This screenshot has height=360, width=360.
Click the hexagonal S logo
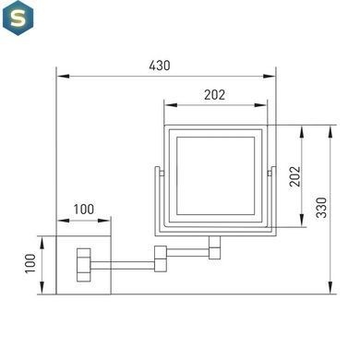(18, 18)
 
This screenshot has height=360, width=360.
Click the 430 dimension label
(160, 66)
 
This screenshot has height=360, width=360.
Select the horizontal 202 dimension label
(214, 95)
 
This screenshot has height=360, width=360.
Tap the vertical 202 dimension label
(294, 176)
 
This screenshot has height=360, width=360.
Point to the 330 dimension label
(322, 208)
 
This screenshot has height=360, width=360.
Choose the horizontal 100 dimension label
(84, 210)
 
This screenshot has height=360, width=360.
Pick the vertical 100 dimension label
(30, 263)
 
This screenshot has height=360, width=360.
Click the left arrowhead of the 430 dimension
(63, 76)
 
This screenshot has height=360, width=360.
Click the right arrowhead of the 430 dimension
(270, 76)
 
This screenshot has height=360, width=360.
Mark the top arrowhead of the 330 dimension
(330, 131)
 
